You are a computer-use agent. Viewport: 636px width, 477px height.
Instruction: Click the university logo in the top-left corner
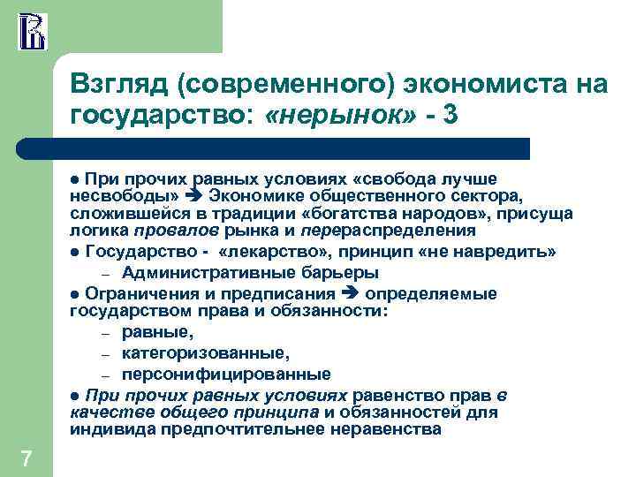32,31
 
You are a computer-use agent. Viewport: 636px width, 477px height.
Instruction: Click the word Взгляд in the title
122,85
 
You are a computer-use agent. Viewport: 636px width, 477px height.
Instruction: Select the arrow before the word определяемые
351,295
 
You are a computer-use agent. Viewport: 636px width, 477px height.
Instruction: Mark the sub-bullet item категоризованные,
206,353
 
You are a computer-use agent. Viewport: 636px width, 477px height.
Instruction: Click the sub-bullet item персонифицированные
226,374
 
